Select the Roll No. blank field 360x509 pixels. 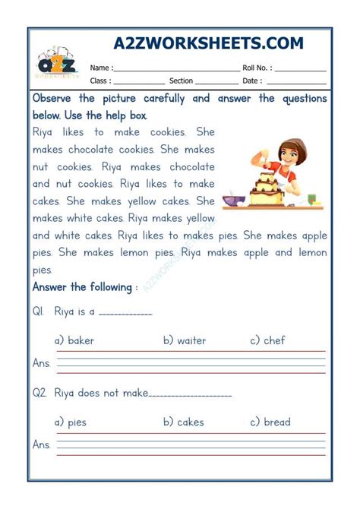301,68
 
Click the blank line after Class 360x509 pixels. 138,82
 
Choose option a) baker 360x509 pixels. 74,340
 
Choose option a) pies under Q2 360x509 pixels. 71,422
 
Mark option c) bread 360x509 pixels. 272,422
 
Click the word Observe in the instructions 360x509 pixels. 52,99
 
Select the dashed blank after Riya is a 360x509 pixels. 125,313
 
